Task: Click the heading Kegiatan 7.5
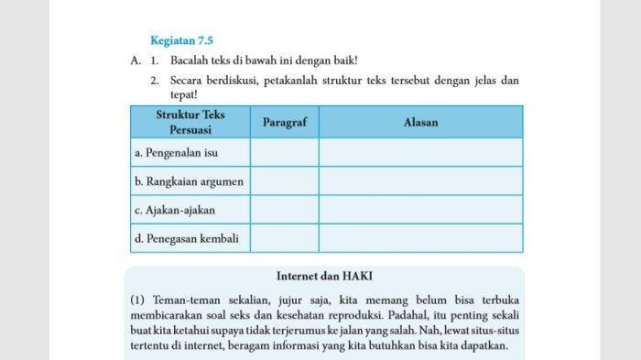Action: [181, 40]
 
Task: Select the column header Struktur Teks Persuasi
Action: [190, 122]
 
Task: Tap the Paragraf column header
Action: [284, 122]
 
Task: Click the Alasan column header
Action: [420, 122]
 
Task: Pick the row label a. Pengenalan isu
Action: [176, 152]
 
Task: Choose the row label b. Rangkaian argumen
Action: [189, 181]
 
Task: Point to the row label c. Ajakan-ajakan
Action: [175, 210]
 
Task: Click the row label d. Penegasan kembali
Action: [186, 239]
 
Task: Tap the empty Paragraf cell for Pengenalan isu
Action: [284, 152]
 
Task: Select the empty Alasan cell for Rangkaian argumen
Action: [420, 181]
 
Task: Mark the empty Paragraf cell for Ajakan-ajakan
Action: [284, 210]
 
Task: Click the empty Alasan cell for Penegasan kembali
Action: [420, 239]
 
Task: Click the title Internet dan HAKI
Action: [324, 276]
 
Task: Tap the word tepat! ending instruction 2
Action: [184, 94]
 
